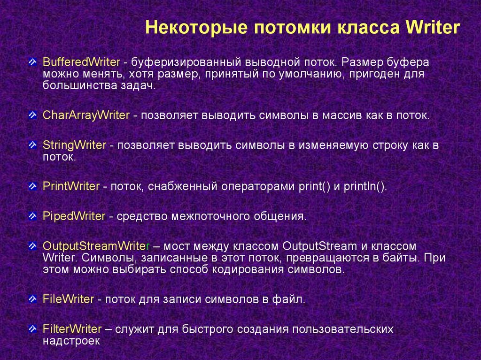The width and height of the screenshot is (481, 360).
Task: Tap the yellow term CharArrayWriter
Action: point(86,115)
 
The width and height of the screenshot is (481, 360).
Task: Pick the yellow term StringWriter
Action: point(74,146)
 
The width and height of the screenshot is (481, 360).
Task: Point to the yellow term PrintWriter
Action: point(71,186)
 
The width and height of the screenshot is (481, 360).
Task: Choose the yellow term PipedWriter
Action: point(74,216)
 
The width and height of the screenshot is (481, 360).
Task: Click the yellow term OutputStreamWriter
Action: point(96,246)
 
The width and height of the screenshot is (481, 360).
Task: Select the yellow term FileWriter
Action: point(68,299)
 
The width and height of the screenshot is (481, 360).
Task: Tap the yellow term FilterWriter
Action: point(72,329)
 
